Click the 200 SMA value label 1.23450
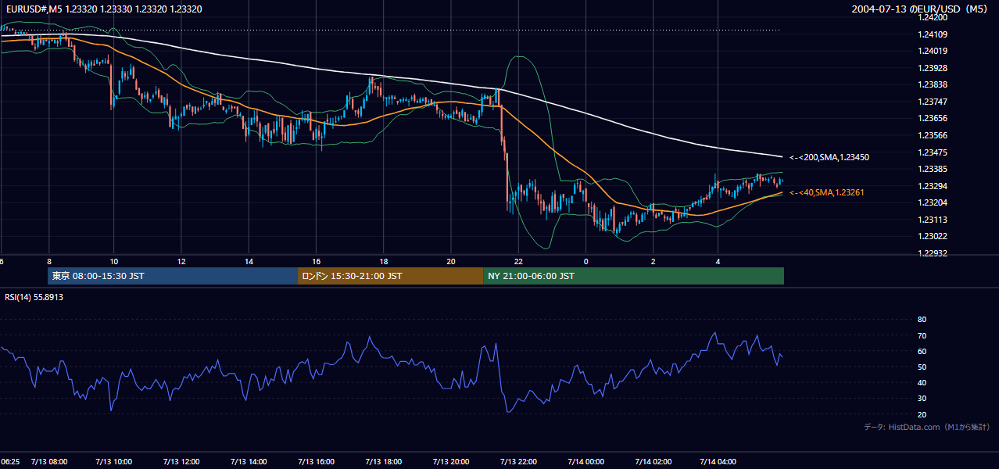(x=829, y=157)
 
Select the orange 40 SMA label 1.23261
(x=827, y=192)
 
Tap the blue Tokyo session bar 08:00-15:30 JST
(x=173, y=276)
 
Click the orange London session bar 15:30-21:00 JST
(x=390, y=276)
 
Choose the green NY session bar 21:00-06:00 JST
(x=633, y=276)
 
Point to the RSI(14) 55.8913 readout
(x=34, y=297)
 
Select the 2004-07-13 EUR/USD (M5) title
(x=919, y=9)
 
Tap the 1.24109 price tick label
(x=933, y=34)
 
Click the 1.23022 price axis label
(x=933, y=236)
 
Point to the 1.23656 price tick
(x=933, y=118)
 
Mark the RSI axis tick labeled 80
(x=922, y=319)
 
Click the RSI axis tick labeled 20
(x=922, y=414)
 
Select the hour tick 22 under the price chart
(x=518, y=262)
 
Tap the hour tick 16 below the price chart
(x=317, y=262)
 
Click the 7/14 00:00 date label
(x=586, y=462)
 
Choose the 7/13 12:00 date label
(x=181, y=462)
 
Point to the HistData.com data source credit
(x=927, y=427)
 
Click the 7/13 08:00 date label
(x=49, y=462)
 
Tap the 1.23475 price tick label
(x=933, y=152)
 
